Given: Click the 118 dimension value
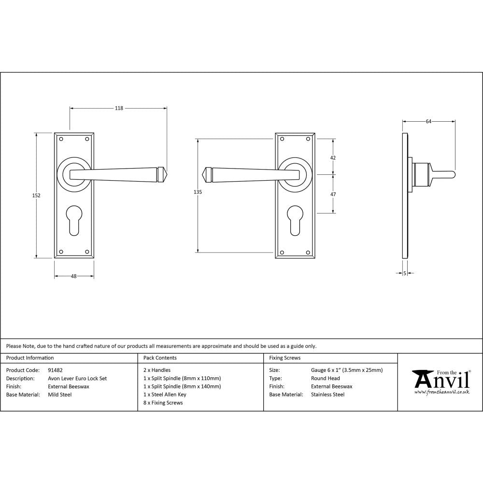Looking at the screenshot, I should pos(119,108).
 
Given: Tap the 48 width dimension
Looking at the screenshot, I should pos(74,276).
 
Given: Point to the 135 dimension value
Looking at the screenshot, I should pos(197,192).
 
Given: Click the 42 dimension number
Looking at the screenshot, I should pos(333,157).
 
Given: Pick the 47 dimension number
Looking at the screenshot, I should pos(333,194).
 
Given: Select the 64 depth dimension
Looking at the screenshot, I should pos(428,122).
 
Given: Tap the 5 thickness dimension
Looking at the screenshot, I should pos(404,273).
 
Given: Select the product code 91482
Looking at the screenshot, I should pos(56,370).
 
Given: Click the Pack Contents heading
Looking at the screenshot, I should pos(160,358).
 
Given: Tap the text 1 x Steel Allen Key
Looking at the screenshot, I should pos(165,395).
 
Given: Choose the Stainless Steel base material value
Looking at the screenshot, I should pos(328,395).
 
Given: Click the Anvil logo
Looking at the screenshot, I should pos(440,381).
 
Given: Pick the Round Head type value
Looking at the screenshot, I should pos(326,379).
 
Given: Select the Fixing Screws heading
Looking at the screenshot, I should pos(285,358).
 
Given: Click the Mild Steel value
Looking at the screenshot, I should pos(60,395).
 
